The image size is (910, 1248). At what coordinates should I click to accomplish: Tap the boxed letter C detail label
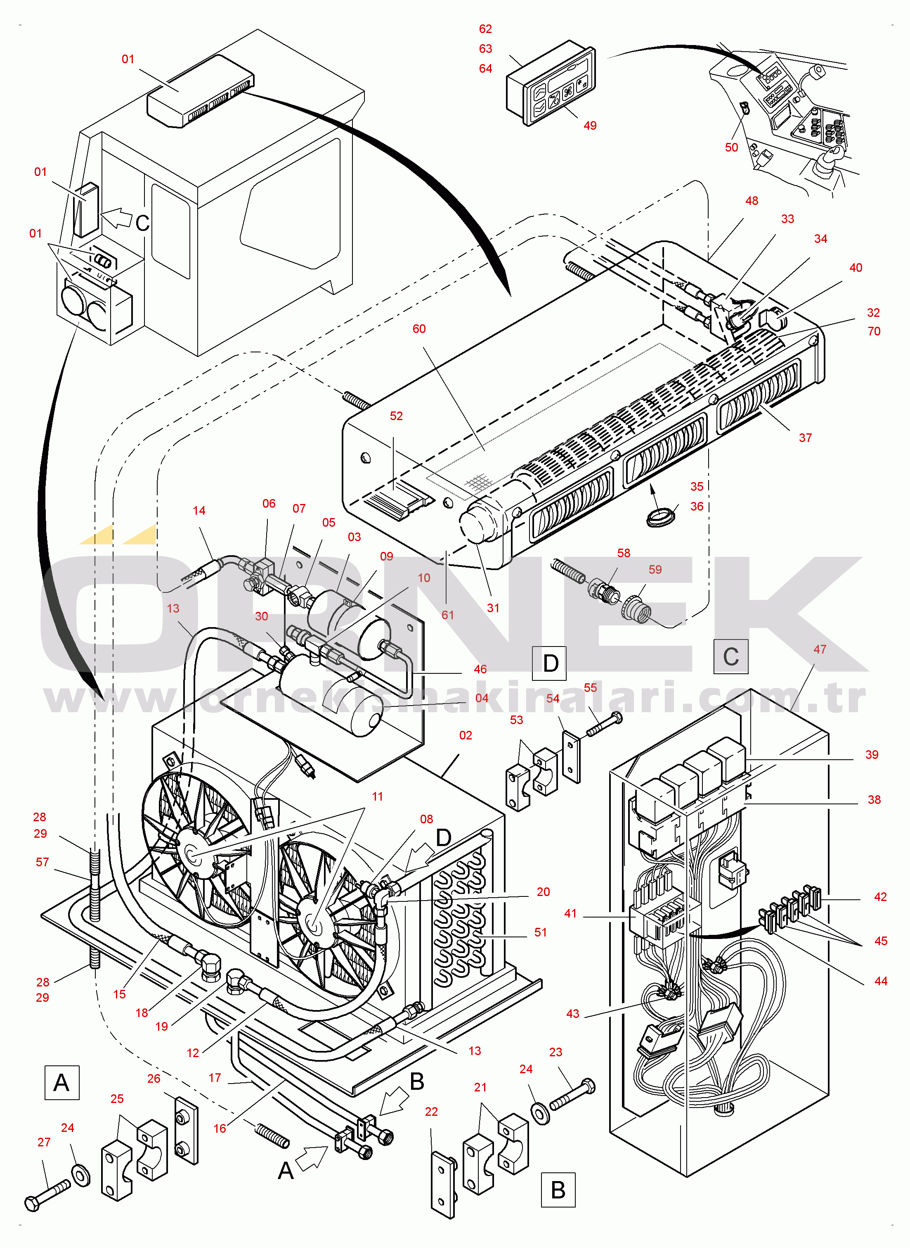point(730,656)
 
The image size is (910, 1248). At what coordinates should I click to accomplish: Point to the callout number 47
point(820,649)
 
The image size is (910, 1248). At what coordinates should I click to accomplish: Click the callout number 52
point(396,416)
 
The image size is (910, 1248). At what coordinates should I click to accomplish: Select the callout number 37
point(805,437)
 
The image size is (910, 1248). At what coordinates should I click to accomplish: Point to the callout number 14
point(199,511)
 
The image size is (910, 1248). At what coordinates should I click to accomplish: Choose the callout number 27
point(44,1142)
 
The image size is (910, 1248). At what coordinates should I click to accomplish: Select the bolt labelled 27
point(47,1195)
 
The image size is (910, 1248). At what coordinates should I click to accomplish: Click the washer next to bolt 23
point(540,1113)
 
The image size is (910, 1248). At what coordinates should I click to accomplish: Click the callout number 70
point(874,331)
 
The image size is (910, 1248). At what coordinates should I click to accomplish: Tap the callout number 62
point(485,29)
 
